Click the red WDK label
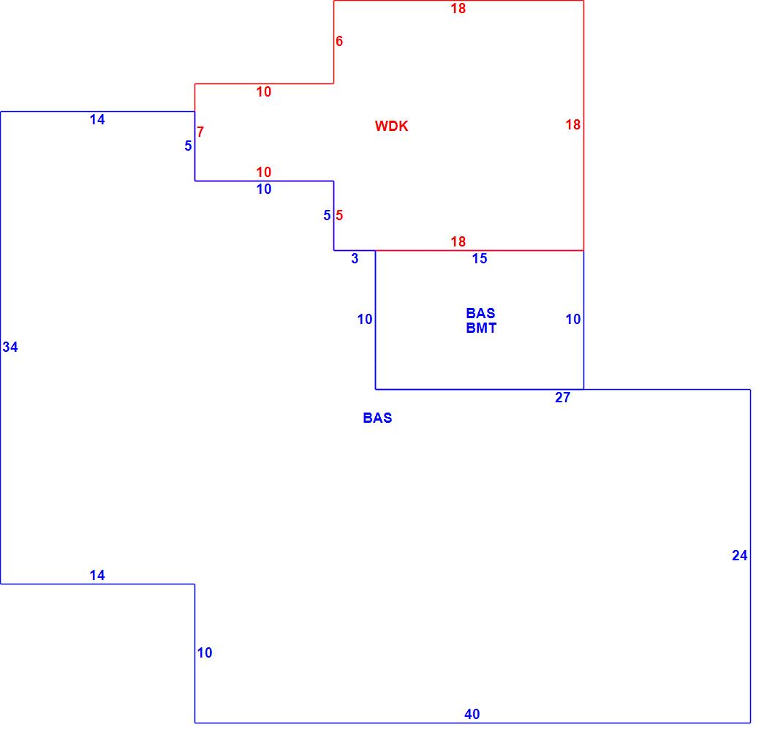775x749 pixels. [391, 126]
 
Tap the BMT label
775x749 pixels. [481, 328]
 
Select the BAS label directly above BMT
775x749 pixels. [480, 313]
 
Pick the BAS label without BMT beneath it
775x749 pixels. [377, 418]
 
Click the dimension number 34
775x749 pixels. [10, 347]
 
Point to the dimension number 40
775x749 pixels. [472, 714]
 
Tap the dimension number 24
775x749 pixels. [740, 555]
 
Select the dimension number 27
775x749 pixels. [562, 398]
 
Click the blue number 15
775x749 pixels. [480, 258]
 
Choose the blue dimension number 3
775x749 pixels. [355, 258]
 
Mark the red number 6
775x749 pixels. [339, 41]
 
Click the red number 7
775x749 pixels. [200, 132]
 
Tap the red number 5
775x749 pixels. [339, 215]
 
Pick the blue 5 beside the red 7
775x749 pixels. [188, 146]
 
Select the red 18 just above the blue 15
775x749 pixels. [458, 241]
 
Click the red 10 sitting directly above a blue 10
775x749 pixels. [264, 172]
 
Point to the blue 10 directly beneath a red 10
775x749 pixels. [264, 189]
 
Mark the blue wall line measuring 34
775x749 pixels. [1, 439]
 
